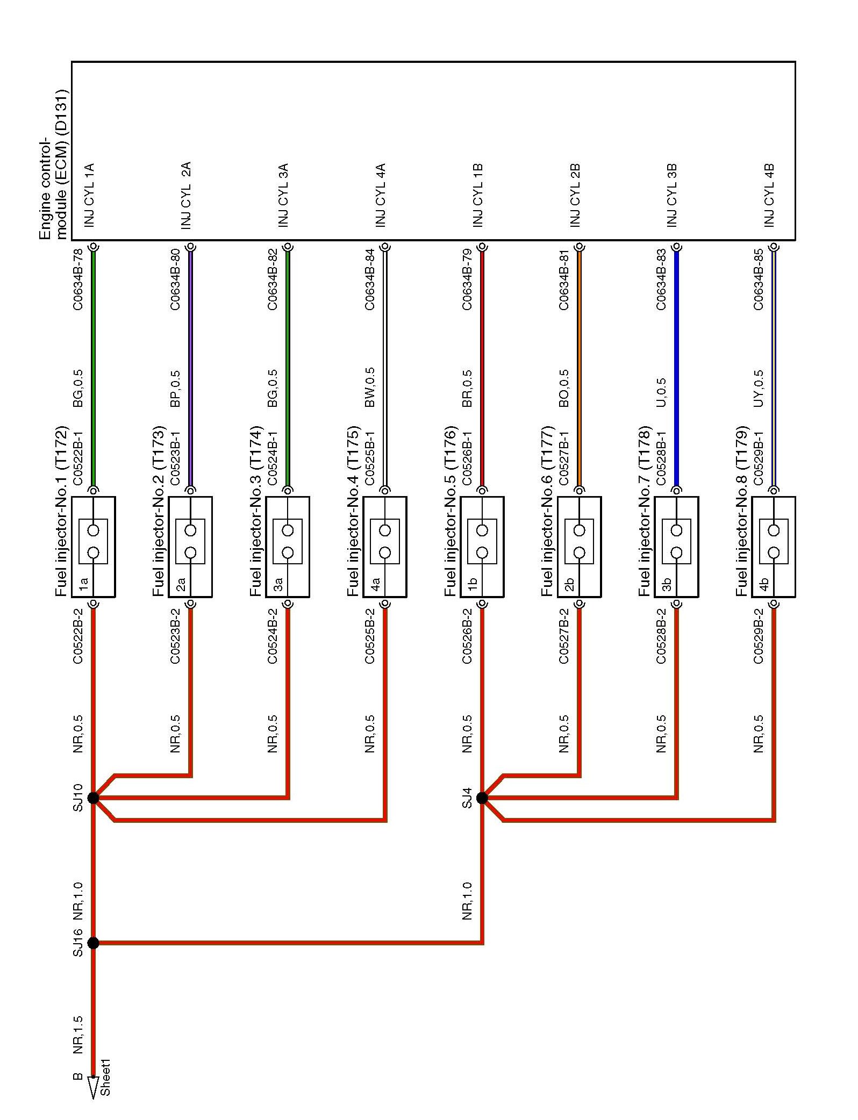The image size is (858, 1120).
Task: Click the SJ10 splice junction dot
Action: pyautogui.click(x=93, y=798)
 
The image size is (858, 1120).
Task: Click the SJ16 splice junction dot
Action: pyautogui.click(x=93, y=943)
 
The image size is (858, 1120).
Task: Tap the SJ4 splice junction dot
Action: pyautogui.click(x=482, y=798)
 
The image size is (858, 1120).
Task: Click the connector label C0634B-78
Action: pyautogui.click(x=78, y=279)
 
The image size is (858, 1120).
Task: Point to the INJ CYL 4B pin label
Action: pyautogui.click(x=769, y=195)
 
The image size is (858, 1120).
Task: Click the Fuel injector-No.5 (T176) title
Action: pyautogui.click(x=451, y=511)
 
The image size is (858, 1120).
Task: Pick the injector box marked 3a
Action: pyautogui.click(x=288, y=547)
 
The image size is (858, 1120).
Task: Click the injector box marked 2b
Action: pyautogui.click(x=579, y=547)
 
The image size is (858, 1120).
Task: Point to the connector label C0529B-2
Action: pyautogui.click(x=758, y=636)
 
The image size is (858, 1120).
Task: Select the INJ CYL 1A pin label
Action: pyautogui.click(x=89, y=195)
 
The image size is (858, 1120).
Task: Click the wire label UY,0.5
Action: pyautogui.click(x=758, y=387)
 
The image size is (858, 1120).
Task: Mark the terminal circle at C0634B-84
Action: pyautogui.click(x=385, y=247)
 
